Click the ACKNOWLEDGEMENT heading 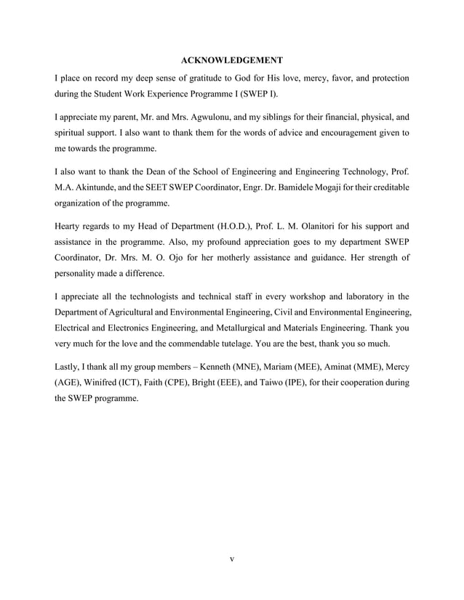(231, 58)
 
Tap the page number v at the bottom (231, 559)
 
